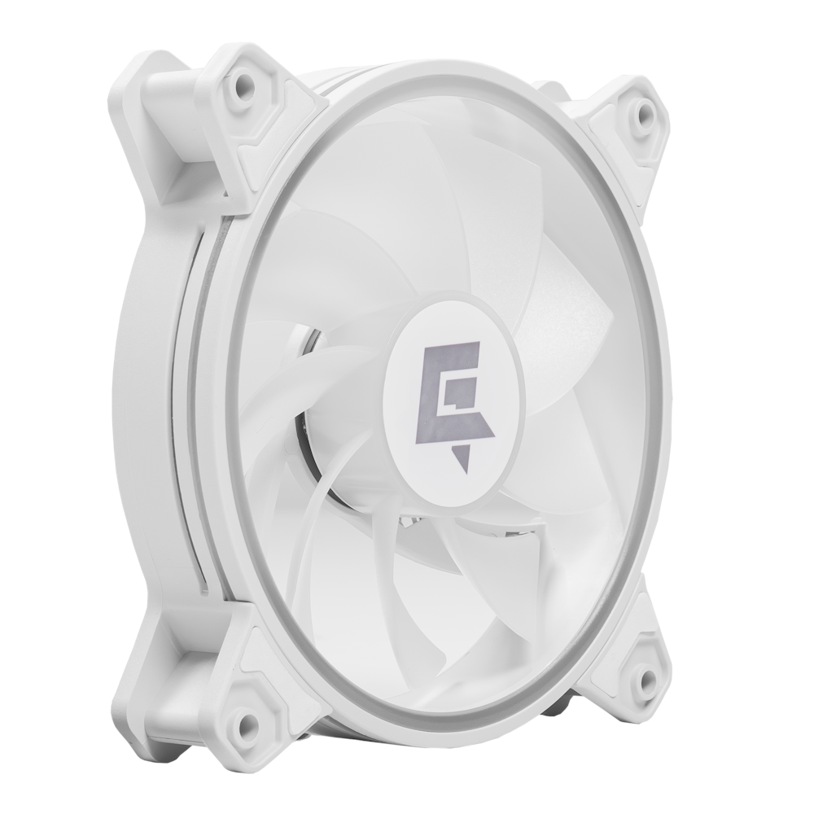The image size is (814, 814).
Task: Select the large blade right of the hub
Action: coord(570,342)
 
